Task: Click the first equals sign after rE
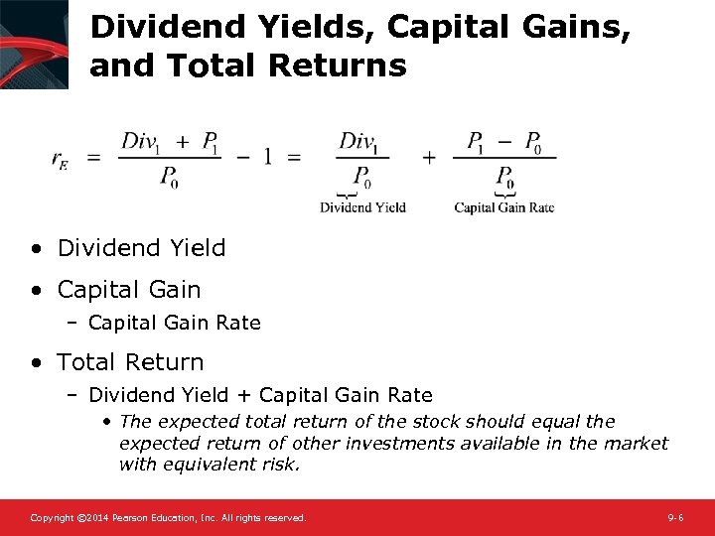point(94,158)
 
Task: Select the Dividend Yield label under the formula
point(362,207)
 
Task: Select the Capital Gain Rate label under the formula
point(503,207)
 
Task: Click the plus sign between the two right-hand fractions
point(429,158)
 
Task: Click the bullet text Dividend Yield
point(141,248)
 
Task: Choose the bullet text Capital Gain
point(129,290)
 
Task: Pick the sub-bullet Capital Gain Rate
point(174,323)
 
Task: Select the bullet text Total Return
point(130,362)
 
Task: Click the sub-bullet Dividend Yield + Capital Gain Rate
point(260,395)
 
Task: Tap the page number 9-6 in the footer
point(675,518)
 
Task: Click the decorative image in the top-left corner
point(34,44)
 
